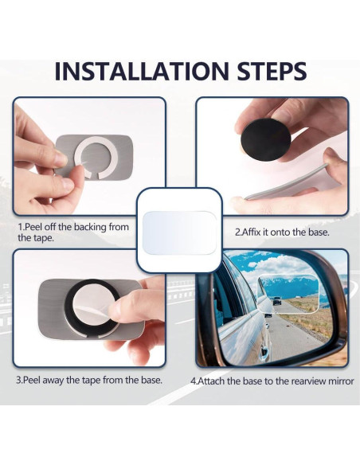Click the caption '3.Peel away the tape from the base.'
point(89,380)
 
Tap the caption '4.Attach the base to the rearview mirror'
point(271,381)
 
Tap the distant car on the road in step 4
point(277,301)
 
